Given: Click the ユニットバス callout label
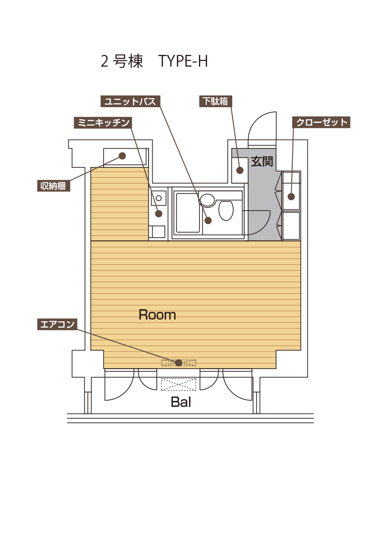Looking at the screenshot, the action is tap(130, 101).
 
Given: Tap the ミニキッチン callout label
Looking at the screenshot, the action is tap(103, 122).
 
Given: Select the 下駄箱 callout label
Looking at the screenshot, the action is tap(216, 101).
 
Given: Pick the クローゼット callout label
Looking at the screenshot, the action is tap(321, 122).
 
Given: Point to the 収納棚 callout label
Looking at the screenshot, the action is tap(53, 185).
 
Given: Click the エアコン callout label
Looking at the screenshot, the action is tap(57, 324).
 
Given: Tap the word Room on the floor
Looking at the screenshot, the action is tap(157, 315).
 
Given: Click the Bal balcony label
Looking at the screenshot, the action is tap(181, 402).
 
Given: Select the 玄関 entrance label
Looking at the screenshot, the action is tap(262, 162).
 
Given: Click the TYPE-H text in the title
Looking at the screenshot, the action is tap(183, 61).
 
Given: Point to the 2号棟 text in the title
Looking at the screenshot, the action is tap(122, 62).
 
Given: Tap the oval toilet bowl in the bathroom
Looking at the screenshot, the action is tap(226, 210).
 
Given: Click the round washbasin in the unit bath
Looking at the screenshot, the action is tap(208, 200).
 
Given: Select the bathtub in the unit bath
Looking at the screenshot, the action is tap(187, 212).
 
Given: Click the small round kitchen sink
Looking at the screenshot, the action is tap(158, 198).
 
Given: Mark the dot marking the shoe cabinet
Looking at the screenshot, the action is tap(240, 170).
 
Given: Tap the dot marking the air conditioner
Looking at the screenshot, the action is tap(179, 363).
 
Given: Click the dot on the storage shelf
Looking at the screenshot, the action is tap(122, 156).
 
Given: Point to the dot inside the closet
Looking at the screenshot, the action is tap(291, 197).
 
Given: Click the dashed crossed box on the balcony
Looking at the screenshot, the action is tap(179, 384).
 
